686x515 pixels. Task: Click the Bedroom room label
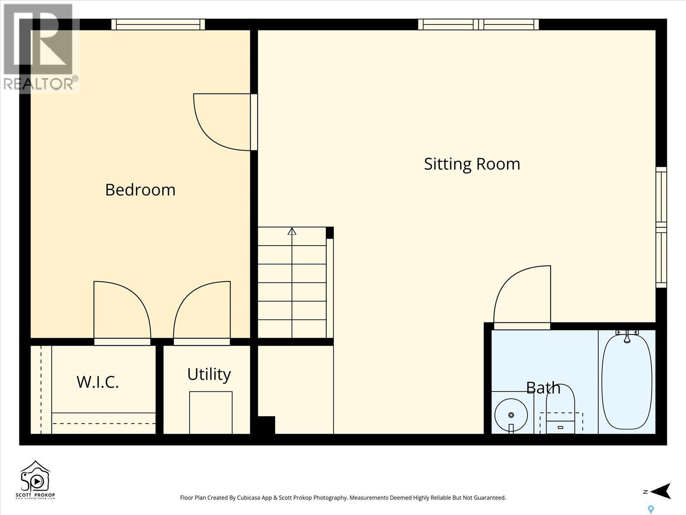tap(140, 190)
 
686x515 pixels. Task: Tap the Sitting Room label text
tap(472, 164)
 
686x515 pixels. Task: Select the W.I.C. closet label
tap(98, 382)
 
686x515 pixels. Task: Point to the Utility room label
tap(209, 374)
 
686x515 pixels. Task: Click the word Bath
tap(543, 388)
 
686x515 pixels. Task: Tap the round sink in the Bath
tap(511, 415)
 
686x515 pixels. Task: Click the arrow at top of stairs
tap(292, 231)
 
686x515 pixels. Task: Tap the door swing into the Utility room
tap(202, 311)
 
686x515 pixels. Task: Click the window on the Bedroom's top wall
tap(158, 24)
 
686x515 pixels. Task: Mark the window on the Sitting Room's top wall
tap(478, 24)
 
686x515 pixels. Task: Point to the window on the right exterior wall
tap(661, 227)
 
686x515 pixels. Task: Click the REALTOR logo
tap(39, 47)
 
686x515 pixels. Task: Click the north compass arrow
tap(660, 491)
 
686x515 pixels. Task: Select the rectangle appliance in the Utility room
tap(211, 412)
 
